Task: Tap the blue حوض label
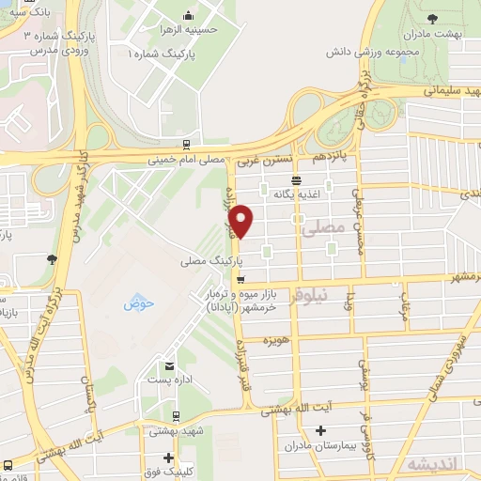click(138, 304)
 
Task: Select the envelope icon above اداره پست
click(168, 365)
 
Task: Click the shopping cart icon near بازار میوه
click(241, 279)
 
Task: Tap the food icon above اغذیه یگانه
click(297, 179)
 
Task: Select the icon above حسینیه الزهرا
click(190, 15)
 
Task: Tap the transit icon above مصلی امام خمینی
click(188, 145)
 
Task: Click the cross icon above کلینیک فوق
click(168, 458)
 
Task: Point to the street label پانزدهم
click(331, 152)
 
